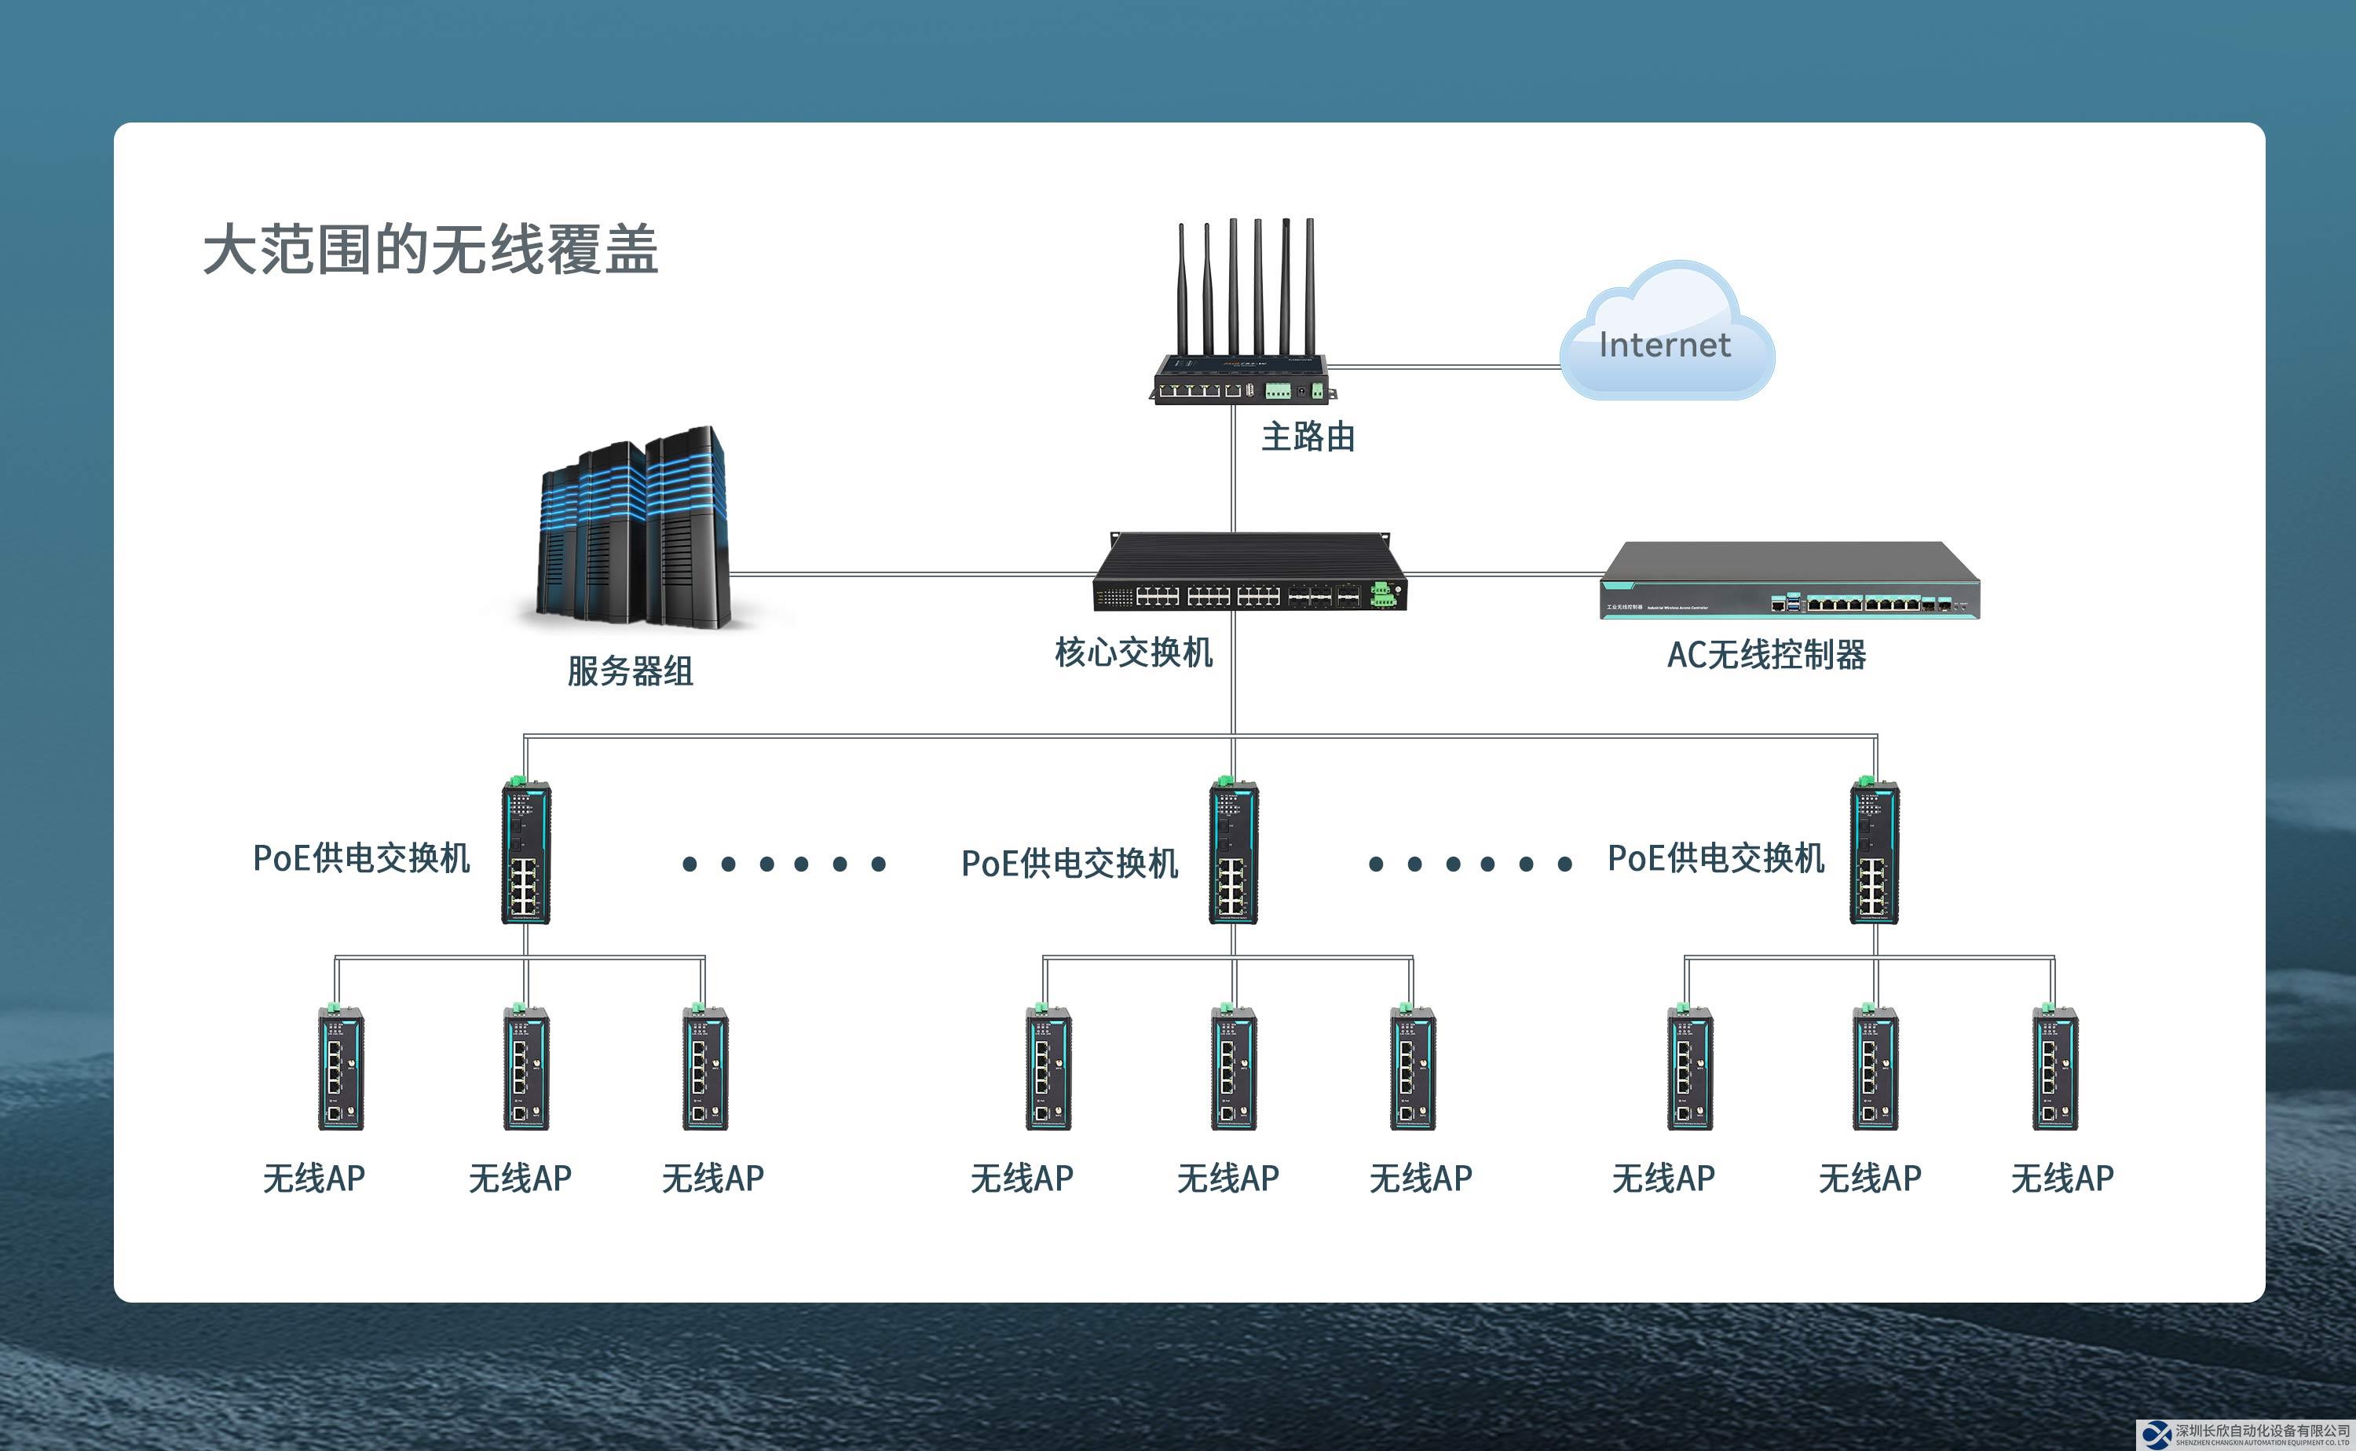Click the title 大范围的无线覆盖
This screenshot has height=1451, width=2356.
point(430,250)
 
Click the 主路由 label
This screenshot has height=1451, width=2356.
point(1307,437)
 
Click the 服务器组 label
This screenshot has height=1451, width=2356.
point(630,671)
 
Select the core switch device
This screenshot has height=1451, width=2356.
point(1248,576)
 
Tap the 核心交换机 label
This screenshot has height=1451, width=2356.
point(1133,652)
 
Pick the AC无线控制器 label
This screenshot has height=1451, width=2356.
point(1765,656)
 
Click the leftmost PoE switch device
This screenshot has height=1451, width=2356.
point(526,852)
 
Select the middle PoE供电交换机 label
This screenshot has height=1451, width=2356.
point(1069,864)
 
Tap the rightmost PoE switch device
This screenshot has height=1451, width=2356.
point(1873,852)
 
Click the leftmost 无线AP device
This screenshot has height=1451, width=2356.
point(341,1068)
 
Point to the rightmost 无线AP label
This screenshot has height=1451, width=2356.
point(2062,1179)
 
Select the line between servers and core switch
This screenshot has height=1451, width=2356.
point(912,575)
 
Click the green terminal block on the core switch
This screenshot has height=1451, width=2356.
point(1382,595)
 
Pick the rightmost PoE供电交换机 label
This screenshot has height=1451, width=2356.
point(1716,858)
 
